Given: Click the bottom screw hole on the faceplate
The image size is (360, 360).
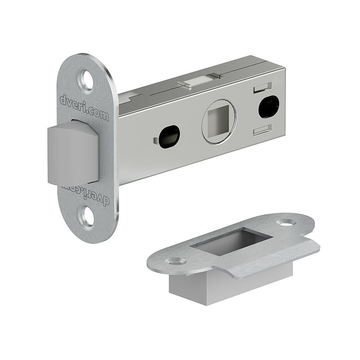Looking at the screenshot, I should pos(88,216).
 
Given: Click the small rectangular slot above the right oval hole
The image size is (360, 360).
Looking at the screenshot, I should pos(262,87).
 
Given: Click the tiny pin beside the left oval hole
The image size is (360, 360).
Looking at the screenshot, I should pos(155,141).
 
